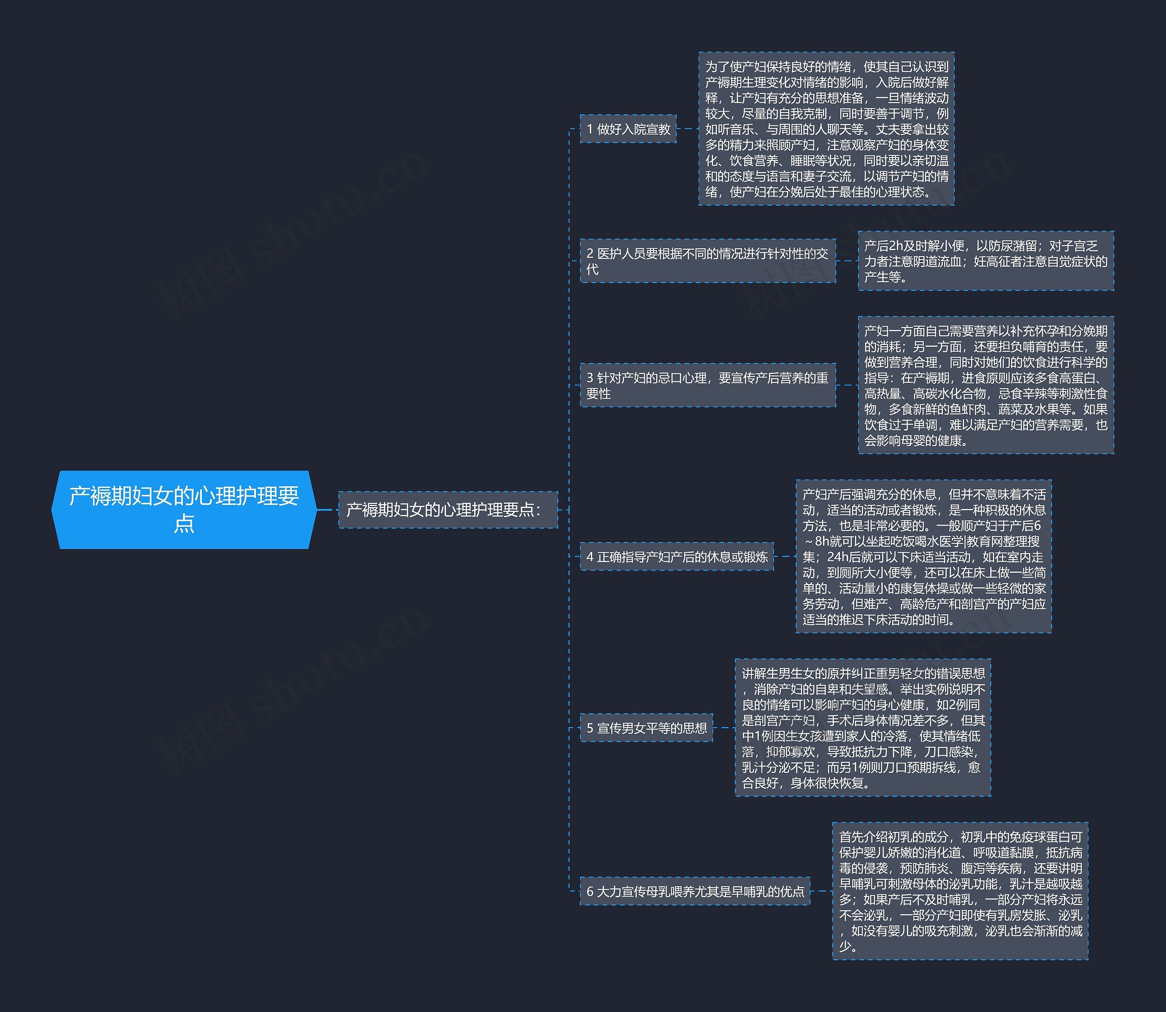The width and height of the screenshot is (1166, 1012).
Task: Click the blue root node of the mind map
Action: (x=184, y=509)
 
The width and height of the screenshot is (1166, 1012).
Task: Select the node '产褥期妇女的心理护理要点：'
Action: (x=448, y=510)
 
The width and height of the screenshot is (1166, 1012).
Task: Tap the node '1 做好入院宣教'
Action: (x=628, y=129)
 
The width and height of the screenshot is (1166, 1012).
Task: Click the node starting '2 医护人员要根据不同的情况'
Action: (x=708, y=261)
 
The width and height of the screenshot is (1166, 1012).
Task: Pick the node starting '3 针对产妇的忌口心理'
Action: (x=708, y=385)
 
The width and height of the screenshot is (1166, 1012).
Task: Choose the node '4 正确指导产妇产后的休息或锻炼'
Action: (x=677, y=556)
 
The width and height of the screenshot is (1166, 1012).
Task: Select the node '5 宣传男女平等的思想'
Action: (x=646, y=727)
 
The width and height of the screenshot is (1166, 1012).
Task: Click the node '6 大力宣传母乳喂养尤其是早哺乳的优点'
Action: (x=695, y=891)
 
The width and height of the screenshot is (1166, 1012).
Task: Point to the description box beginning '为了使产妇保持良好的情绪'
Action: (x=826, y=129)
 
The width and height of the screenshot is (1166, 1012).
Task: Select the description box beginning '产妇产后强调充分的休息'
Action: (x=924, y=556)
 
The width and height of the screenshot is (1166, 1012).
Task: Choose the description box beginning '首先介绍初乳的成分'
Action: (x=960, y=891)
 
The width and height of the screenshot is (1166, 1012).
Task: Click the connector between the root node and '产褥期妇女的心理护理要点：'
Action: (x=328, y=510)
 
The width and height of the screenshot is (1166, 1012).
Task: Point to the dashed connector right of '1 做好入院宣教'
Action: (x=687, y=129)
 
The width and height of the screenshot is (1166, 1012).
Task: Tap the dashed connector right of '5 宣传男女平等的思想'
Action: (x=724, y=727)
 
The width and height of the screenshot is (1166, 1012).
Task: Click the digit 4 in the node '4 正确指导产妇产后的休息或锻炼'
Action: (x=590, y=557)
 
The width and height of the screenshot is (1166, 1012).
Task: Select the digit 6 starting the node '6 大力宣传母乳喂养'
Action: (x=590, y=892)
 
